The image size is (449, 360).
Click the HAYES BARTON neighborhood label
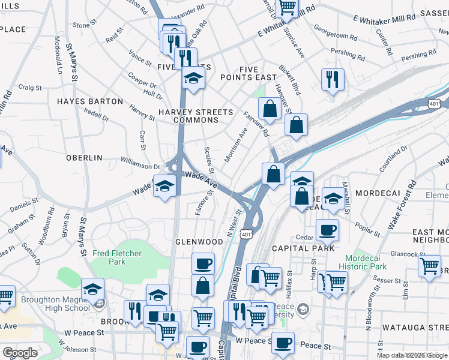[90, 101]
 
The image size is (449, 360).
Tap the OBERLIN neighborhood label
[84, 158]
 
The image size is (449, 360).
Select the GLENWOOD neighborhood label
[199, 242]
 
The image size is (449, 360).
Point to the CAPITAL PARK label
[303, 248]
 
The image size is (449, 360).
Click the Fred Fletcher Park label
[117, 257]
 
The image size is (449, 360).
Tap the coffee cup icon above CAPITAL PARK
[327, 230]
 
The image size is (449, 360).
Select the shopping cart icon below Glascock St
[430, 265]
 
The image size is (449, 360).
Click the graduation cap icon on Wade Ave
[164, 186]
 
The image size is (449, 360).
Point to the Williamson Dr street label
[140, 161]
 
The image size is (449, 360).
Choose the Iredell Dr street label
[97, 114]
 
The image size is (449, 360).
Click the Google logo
[20, 352]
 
